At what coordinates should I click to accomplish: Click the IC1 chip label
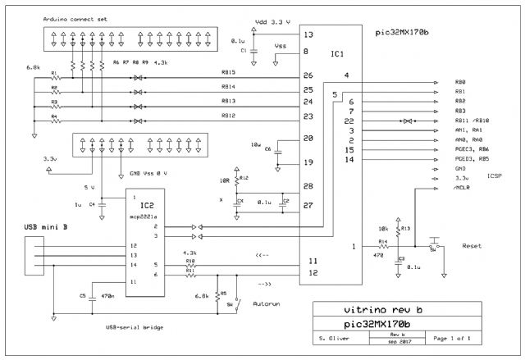[336, 53]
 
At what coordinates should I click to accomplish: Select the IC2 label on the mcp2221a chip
[148, 203]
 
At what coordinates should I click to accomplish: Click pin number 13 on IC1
[285, 35]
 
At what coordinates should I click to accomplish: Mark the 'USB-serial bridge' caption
[135, 326]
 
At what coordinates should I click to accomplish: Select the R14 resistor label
[383, 241]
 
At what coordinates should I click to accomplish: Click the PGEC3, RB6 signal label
[471, 150]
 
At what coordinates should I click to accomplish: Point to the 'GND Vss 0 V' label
[150, 173]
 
